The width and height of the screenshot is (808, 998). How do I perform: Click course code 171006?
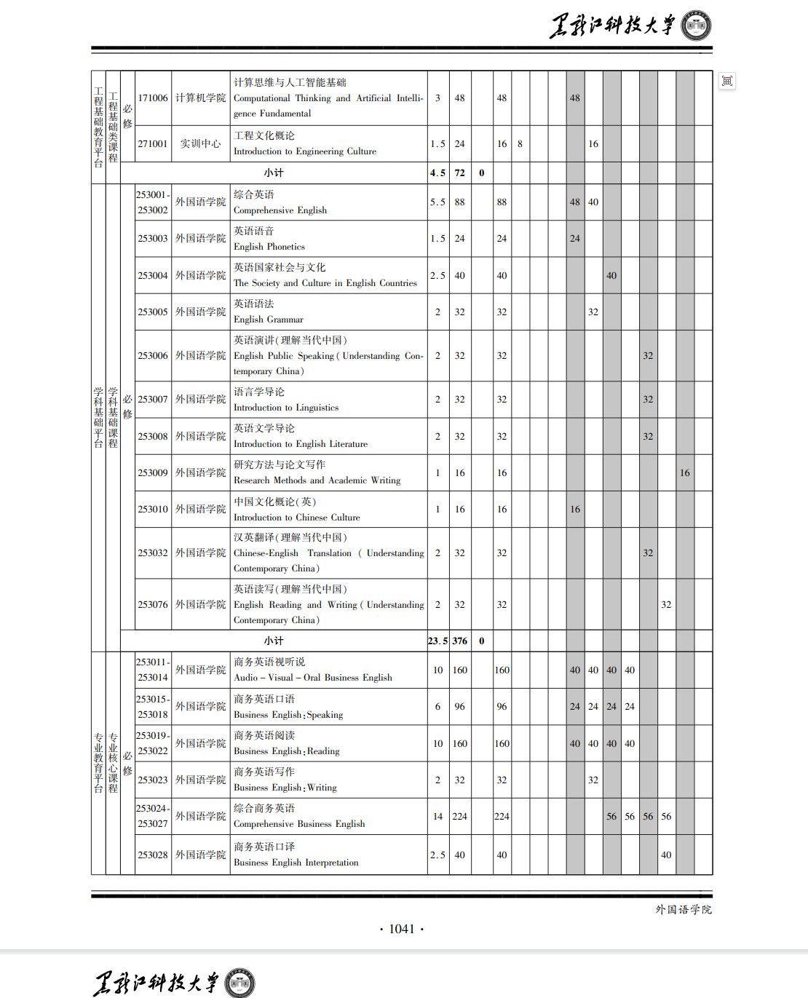(x=153, y=98)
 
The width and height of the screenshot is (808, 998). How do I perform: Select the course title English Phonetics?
(x=269, y=247)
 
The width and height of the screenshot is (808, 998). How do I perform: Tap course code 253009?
(x=153, y=472)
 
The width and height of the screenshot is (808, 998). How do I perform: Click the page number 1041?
(x=401, y=929)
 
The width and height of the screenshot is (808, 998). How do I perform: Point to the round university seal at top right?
(x=696, y=25)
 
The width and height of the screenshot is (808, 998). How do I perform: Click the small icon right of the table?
(x=726, y=81)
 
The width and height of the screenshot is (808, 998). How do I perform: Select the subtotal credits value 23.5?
(x=437, y=641)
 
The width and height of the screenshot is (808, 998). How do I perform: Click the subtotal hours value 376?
(x=460, y=641)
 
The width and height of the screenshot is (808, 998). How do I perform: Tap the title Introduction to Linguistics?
(x=285, y=408)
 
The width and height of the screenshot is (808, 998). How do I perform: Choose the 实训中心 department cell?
(x=200, y=143)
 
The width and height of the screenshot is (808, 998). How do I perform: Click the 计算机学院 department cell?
(x=200, y=98)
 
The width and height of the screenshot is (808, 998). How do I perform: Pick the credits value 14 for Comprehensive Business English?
(x=437, y=816)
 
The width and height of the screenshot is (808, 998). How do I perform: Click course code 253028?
(x=153, y=855)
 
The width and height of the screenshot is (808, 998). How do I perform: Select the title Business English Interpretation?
(x=296, y=863)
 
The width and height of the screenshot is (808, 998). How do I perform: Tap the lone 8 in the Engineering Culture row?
(x=520, y=143)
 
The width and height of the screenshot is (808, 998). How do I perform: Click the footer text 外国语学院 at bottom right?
(x=684, y=909)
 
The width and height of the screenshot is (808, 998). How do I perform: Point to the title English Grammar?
(x=268, y=320)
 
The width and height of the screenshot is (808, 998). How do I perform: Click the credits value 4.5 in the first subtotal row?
(x=437, y=173)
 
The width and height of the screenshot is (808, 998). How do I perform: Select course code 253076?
(x=153, y=604)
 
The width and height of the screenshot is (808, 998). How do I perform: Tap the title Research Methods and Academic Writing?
(x=317, y=480)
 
